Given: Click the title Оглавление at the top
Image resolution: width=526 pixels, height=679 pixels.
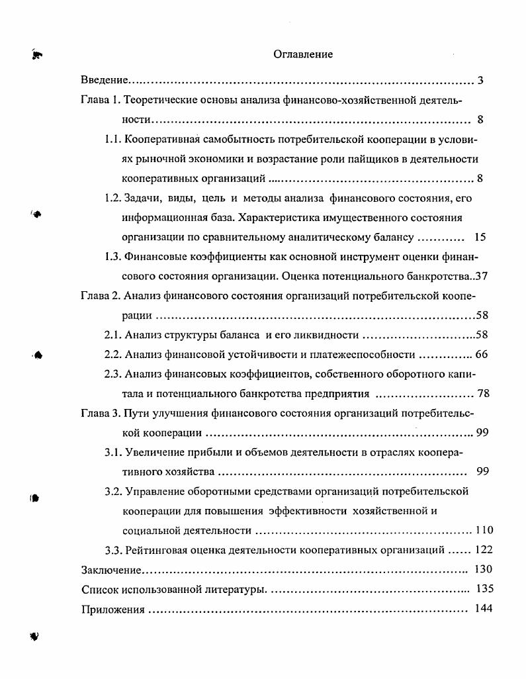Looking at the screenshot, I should (302, 54).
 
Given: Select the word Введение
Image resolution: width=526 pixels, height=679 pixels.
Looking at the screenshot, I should (104, 81).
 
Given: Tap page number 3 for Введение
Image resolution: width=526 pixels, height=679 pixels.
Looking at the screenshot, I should (480, 81).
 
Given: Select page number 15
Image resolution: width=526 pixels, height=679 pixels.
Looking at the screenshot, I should (480, 237).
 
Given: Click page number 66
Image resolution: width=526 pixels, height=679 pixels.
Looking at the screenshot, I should (481, 355).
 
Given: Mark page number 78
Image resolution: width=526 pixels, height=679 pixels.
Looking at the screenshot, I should (483, 394).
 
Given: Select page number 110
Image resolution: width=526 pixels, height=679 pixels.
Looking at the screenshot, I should (484, 530).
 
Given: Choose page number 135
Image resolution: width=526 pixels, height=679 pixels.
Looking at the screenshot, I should (484, 588).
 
